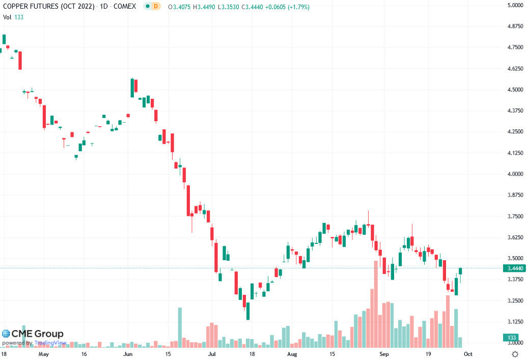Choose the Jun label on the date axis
pyautogui.click(x=128, y=353)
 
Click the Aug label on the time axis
pyautogui.click(x=292, y=353)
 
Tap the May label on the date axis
pyautogui.click(x=44, y=353)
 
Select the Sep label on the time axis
pyautogui.click(x=385, y=353)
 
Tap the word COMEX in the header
pyautogui.click(x=124, y=7)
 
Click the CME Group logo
pyautogui.click(x=33, y=334)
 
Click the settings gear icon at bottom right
pyautogui.click(x=515, y=353)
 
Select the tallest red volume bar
pyautogui.click(x=376, y=303)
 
